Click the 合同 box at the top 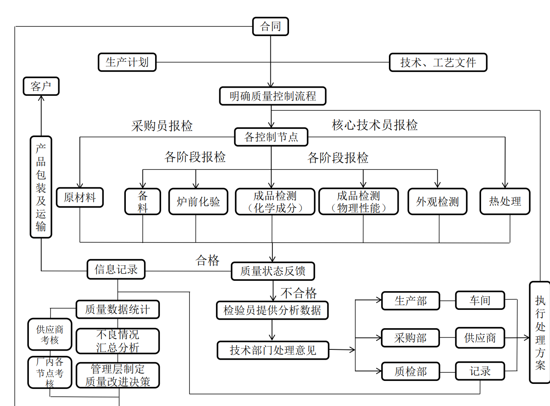click(x=270, y=26)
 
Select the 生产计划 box click(x=127, y=62)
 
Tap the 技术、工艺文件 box click(x=438, y=63)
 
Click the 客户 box click(x=41, y=86)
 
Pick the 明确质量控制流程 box click(x=272, y=96)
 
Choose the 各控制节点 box click(x=271, y=137)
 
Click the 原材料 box click(x=80, y=197)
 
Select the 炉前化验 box click(x=198, y=201)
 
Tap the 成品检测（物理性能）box click(x=358, y=201)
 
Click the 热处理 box click(x=505, y=201)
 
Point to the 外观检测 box click(x=437, y=201)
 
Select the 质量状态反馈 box click(x=272, y=271)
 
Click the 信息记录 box click(x=116, y=269)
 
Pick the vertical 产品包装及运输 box click(x=41, y=187)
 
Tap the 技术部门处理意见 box click(x=273, y=350)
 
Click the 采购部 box click(x=410, y=338)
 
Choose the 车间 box click(x=480, y=300)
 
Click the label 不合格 click(x=298, y=293)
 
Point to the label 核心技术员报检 click(x=374, y=125)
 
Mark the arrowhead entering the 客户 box click(x=41, y=98)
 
